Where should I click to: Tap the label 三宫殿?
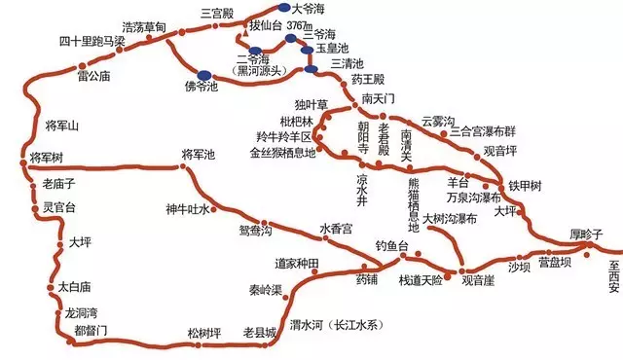218,14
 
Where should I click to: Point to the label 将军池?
202,155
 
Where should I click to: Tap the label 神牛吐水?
187,207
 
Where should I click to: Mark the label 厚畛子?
587,234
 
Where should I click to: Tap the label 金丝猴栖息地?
283,153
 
